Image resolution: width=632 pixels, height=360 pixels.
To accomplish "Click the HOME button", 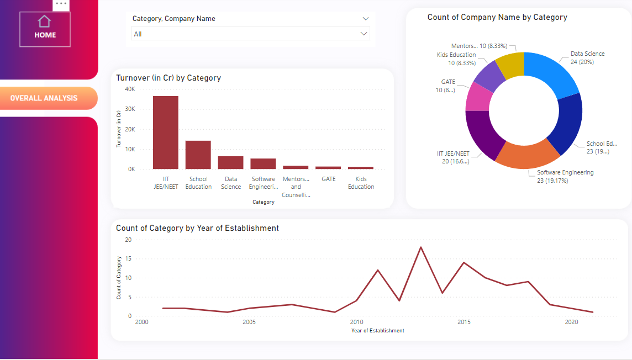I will pos(45,29).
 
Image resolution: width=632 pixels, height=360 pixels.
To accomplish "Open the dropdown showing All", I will pos(250,34).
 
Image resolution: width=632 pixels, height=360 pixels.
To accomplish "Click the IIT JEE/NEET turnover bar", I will pos(166,133).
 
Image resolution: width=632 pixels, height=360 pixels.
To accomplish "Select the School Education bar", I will pos(198,155).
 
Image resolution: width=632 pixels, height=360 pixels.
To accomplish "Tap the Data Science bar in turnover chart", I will pos(230,162).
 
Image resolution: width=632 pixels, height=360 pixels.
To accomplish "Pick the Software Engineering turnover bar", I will pos(263,163).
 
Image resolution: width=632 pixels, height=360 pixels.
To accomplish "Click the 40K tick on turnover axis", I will pos(130,89).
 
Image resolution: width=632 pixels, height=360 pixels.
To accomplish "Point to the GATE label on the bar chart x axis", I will pos(328,179).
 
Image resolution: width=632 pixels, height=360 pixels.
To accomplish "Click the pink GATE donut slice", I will pos(477,97).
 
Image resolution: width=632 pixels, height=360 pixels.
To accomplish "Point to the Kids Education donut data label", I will pos(456,59).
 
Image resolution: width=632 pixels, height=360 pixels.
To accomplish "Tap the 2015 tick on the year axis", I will pos(464,322).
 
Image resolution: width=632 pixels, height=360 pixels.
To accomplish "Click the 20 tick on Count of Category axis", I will pos(128,240).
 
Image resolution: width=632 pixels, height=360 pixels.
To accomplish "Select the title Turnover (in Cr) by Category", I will pos(168,78).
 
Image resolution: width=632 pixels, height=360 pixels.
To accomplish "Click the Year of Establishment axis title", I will pos(377,331).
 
